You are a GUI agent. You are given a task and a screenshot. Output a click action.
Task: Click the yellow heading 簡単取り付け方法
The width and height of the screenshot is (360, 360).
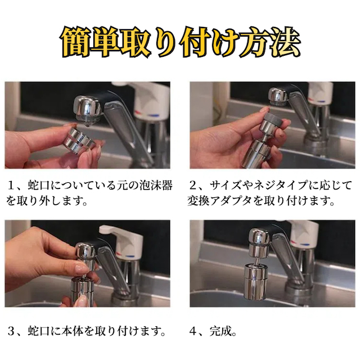coord(181,43)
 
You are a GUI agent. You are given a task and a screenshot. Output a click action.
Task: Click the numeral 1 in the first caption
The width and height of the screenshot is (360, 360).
coord(11,186)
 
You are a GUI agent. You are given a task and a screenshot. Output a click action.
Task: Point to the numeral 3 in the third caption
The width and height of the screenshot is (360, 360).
coord(11,331)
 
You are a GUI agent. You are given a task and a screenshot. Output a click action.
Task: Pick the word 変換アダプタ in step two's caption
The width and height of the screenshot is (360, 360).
coord(219,201)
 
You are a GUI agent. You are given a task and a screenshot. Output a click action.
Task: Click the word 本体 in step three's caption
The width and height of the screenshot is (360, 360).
coord(72,331)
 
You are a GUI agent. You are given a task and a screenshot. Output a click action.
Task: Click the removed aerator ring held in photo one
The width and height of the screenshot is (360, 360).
coord(79,139)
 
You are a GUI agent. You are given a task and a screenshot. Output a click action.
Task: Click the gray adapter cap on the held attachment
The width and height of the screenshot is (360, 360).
coord(272,118)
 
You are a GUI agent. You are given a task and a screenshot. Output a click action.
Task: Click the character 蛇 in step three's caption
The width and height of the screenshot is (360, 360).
coord(34,331)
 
